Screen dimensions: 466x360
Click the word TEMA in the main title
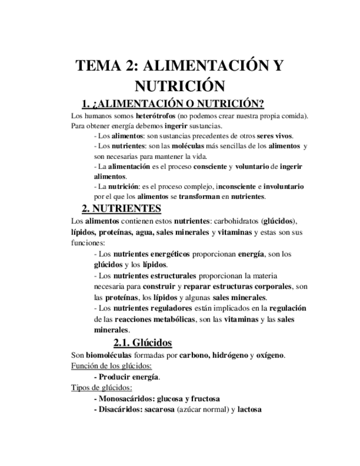click(97, 66)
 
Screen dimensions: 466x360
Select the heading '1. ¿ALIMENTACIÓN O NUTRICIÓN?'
click(173, 104)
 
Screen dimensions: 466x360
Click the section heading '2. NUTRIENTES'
click(121, 209)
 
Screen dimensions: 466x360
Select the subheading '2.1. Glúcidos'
click(142, 343)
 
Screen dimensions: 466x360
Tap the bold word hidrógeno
click(225, 355)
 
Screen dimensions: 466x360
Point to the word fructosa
click(202, 398)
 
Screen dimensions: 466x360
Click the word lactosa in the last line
click(250, 409)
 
